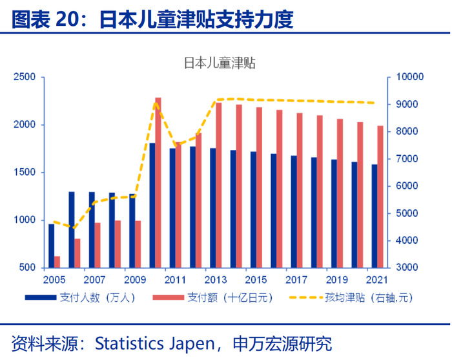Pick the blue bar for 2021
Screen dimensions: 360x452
(x=374, y=216)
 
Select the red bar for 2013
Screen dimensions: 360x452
(x=218, y=185)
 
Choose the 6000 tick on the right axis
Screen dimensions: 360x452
(x=405, y=186)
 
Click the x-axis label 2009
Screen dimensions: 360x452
(x=134, y=280)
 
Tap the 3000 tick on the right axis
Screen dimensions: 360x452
(x=405, y=268)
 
